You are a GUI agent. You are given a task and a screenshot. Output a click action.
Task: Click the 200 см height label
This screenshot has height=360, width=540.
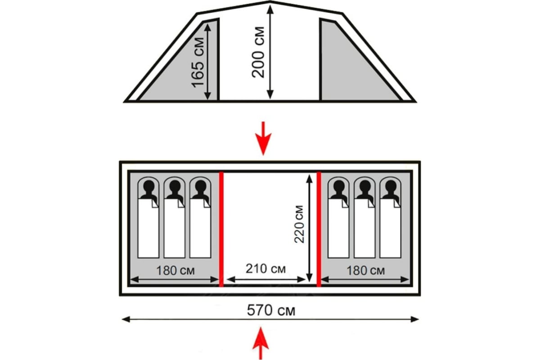[x=259, y=50]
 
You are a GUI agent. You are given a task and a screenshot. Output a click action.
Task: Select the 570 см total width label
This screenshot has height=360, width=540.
[x=271, y=310]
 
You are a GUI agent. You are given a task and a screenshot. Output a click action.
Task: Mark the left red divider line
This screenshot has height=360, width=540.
[x=221, y=229]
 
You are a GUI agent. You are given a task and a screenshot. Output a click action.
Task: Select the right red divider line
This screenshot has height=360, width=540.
[x=319, y=229]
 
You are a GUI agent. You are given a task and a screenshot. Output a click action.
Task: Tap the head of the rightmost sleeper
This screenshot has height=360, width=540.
[x=390, y=186]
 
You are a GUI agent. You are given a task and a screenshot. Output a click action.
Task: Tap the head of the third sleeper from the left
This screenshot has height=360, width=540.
[x=200, y=186]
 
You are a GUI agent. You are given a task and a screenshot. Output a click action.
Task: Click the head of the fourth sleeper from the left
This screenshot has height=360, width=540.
[x=339, y=186]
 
